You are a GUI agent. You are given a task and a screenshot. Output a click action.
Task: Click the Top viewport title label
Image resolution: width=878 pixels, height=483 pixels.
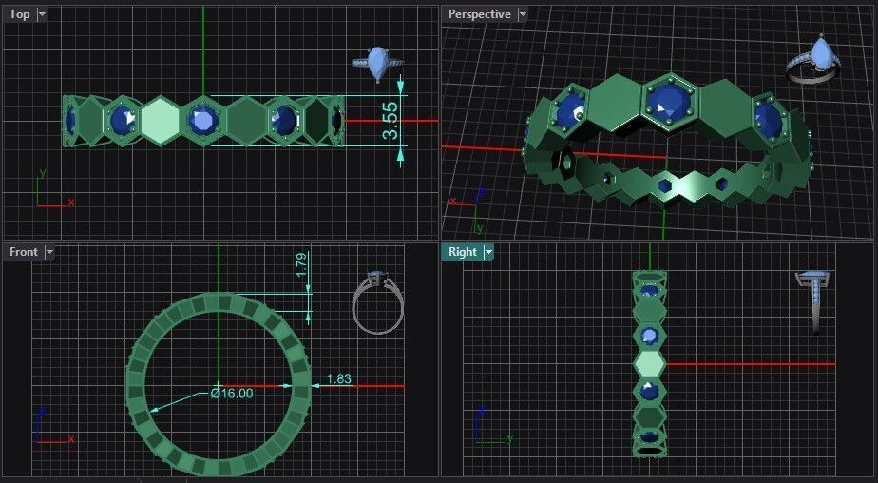point(20,14)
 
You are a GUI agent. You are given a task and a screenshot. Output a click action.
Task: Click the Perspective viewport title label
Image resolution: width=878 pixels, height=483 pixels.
point(480,14)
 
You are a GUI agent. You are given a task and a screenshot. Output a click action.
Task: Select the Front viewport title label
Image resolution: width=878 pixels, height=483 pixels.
point(24,252)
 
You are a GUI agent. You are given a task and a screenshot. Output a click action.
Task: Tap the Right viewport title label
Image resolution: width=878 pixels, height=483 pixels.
point(463,252)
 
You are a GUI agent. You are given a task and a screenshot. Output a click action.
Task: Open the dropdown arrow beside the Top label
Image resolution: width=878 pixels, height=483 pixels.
point(42,14)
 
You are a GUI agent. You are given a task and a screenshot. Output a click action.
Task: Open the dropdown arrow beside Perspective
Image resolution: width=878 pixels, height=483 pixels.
point(523,14)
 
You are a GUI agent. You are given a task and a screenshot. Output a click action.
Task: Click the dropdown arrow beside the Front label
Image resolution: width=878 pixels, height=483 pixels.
point(49,252)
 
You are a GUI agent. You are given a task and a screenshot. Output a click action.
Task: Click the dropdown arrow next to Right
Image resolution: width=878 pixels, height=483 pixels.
point(488,252)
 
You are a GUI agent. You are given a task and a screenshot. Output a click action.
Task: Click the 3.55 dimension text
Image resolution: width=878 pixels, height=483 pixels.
point(391,121)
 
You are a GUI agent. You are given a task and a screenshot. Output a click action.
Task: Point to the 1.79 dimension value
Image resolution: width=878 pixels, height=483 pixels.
point(301,265)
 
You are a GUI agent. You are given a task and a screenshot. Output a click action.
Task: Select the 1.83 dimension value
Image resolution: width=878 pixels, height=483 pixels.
point(338,379)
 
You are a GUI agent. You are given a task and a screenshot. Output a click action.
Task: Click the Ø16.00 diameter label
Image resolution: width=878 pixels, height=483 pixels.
point(232,393)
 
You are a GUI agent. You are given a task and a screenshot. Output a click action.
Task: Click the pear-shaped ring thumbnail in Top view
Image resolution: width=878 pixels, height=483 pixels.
point(377,62)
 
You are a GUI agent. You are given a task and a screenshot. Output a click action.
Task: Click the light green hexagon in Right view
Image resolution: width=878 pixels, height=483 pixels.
point(650,363)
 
